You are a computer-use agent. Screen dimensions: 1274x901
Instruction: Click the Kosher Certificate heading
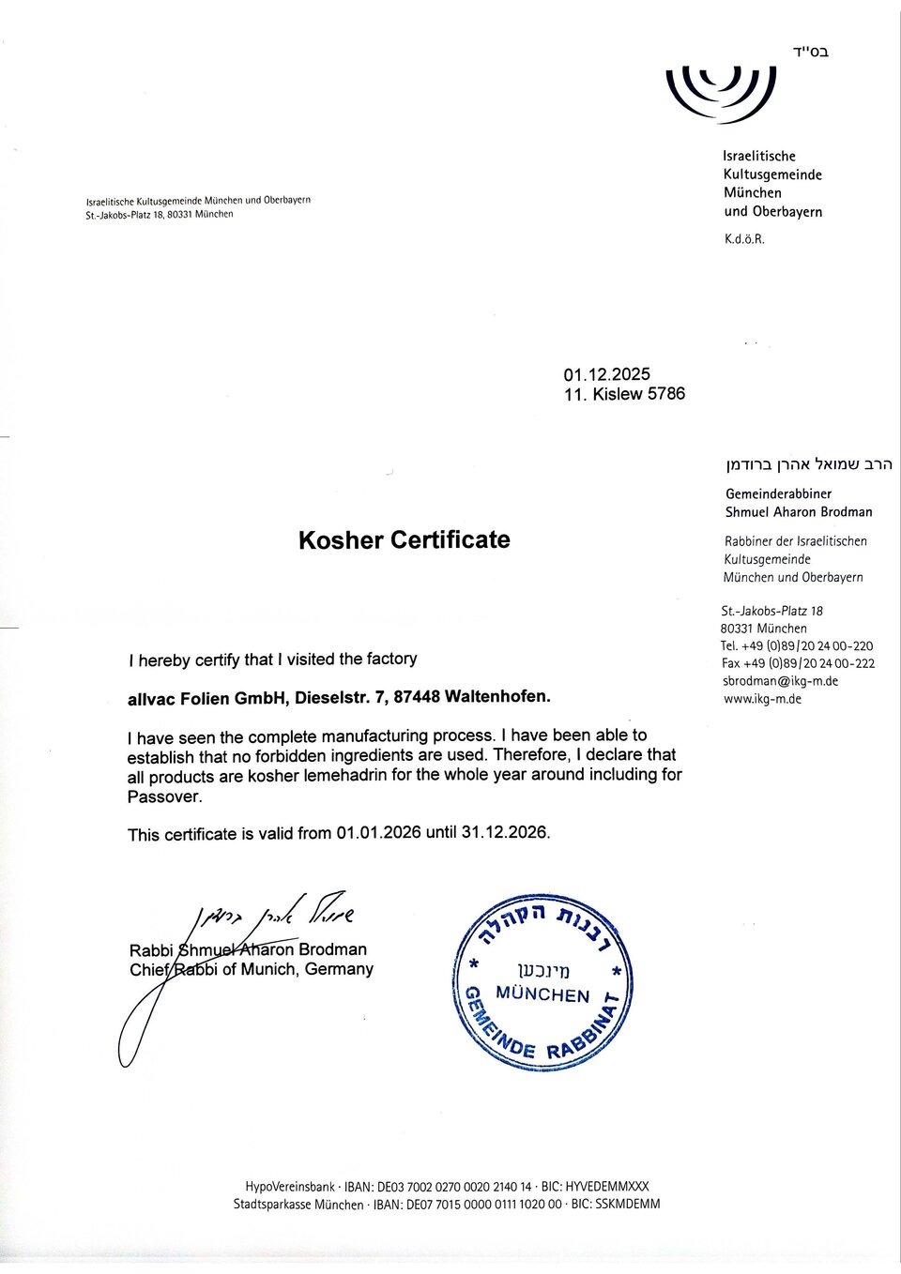404,540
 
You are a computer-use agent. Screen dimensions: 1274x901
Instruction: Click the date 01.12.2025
606,374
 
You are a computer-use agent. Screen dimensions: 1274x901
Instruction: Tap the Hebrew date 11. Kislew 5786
624,394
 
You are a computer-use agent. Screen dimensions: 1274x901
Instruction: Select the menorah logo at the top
721,92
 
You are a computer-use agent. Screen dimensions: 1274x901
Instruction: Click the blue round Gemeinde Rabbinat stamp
542,982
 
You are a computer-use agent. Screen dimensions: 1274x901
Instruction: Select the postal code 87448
417,697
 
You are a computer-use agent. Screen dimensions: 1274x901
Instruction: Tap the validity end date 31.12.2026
505,832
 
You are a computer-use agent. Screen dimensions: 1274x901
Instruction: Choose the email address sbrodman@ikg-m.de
780,681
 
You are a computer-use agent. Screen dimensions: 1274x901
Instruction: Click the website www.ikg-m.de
762,699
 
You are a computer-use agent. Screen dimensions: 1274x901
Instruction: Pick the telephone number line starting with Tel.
797,645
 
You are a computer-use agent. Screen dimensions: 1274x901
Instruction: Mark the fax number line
798,663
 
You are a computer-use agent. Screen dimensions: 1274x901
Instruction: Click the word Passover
164,796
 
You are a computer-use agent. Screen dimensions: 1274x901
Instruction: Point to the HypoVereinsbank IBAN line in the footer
447,1187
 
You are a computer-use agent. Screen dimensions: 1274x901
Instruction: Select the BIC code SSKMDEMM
628,1205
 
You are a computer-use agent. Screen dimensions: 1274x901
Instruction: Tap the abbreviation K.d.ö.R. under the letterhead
744,239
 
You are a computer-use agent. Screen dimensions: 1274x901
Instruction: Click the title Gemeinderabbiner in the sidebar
778,493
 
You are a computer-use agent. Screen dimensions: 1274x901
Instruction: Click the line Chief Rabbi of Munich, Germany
252,969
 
